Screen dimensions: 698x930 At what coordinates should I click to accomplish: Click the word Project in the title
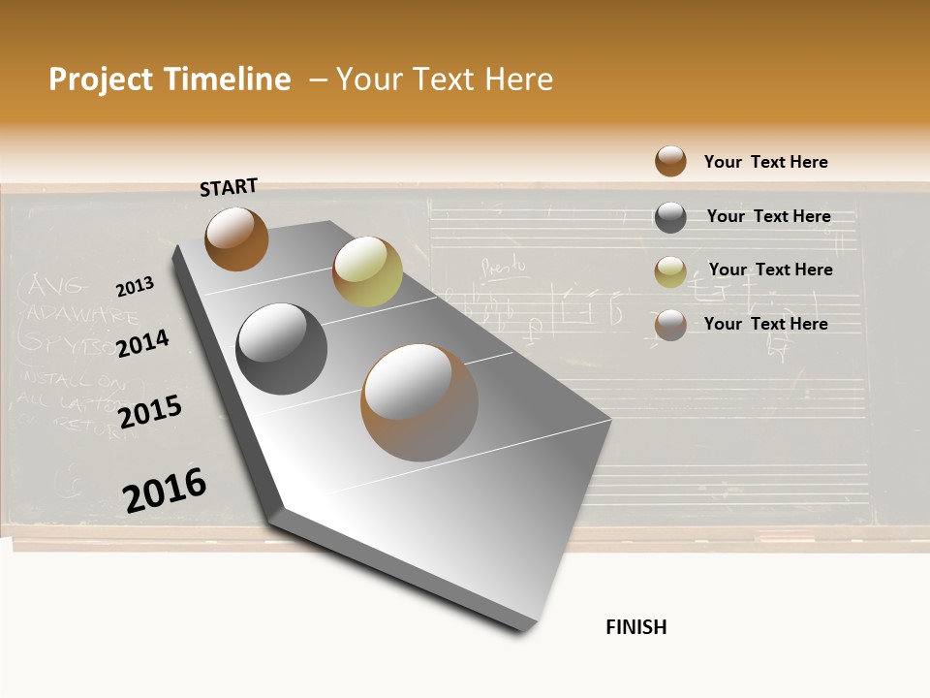tap(102, 79)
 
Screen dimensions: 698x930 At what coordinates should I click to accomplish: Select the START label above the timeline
tap(229, 187)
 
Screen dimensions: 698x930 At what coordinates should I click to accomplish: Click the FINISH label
tap(635, 627)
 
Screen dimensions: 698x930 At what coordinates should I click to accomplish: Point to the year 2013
tap(135, 287)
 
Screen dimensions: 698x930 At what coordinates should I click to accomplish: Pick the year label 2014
tap(142, 343)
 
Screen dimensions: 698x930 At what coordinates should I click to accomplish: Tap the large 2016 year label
tap(165, 490)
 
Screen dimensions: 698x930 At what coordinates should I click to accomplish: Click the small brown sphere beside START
tap(236, 238)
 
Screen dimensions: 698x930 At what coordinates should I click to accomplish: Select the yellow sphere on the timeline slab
tap(367, 271)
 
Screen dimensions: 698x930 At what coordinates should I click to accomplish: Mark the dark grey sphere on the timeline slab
tap(282, 349)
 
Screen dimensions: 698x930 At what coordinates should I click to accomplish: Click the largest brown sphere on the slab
tap(419, 402)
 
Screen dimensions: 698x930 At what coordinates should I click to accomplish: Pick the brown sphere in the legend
tap(670, 161)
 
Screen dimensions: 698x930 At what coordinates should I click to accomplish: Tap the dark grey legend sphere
tap(670, 217)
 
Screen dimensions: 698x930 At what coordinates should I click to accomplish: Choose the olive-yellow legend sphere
tap(670, 272)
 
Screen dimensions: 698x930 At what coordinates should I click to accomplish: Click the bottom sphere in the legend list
tap(670, 325)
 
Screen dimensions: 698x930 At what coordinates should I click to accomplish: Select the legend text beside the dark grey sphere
tap(768, 216)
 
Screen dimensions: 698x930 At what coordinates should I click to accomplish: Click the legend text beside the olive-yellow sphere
tap(770, 270)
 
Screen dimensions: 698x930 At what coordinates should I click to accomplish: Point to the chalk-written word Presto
tap(503, 265)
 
